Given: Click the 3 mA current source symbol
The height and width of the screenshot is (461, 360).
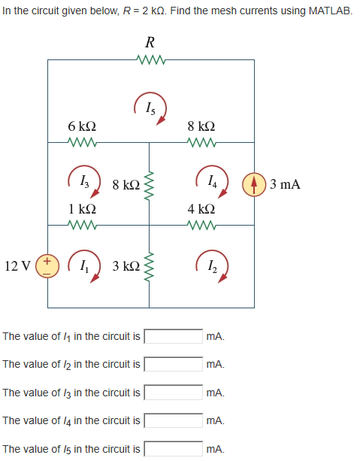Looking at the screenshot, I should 253,183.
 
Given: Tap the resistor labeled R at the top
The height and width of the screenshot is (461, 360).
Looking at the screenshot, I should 150,59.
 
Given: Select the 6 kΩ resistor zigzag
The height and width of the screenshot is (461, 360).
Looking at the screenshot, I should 80,141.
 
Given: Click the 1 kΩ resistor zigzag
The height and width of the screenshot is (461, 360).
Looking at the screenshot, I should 80,225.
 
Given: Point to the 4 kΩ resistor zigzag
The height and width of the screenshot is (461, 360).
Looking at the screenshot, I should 202,225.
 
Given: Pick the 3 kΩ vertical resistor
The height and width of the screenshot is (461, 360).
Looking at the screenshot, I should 150,266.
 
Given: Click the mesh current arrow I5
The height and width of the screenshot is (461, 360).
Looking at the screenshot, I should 151,108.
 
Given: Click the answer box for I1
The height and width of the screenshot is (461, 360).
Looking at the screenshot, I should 173,335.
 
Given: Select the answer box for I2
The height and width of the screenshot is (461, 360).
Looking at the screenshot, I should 173,364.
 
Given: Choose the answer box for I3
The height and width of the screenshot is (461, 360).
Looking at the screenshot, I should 173,393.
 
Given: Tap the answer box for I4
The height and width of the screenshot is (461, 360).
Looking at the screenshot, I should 173,421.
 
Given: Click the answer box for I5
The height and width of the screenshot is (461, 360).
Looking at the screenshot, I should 173,449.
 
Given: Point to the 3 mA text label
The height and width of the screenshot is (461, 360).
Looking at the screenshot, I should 286,183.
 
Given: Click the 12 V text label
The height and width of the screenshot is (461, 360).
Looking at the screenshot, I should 17,266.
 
